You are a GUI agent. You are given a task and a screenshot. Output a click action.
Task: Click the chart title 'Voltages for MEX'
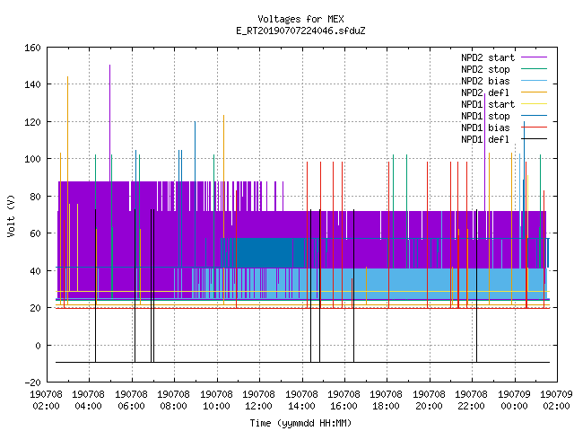300,19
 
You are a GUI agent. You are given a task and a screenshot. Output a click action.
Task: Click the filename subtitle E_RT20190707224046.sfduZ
300,31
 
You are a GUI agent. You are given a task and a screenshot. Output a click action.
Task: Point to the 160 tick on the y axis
32,48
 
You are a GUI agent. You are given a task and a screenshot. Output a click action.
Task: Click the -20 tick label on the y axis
32,383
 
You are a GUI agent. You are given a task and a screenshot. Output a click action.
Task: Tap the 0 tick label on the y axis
38,346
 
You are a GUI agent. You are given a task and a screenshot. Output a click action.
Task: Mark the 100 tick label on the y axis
32,159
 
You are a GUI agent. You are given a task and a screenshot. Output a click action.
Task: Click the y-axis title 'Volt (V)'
11,215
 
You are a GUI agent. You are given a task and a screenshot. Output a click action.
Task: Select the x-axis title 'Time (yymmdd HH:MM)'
300,423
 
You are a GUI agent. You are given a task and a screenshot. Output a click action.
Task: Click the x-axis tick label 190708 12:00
259,400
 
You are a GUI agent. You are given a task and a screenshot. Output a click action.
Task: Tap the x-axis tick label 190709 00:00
514,400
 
